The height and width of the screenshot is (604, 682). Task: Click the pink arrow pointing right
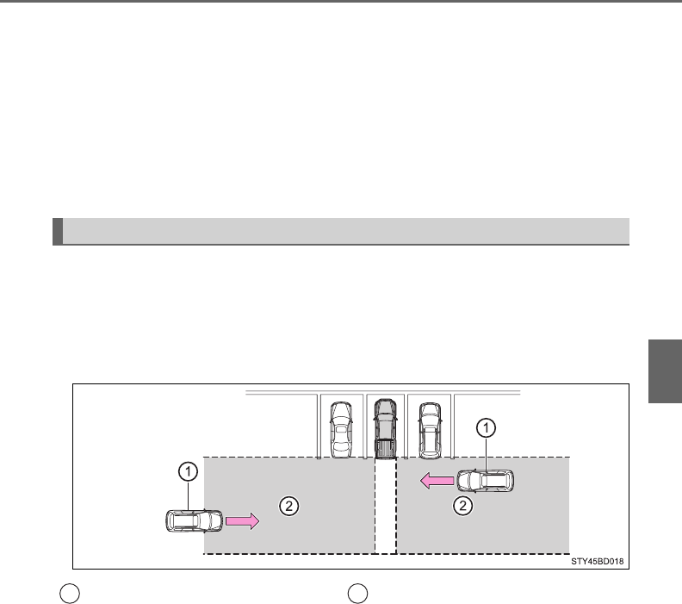pos(241,521)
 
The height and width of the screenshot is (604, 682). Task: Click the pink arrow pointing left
pos(437,481)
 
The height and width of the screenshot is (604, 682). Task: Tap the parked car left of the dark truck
pos(342,428)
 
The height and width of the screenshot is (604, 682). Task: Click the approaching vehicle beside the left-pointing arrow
pos(486,482)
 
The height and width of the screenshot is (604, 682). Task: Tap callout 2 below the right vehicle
pos(463,505)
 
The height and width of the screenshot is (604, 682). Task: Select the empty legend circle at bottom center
pos(357,593)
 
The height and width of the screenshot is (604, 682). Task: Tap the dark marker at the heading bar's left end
pos(57,232)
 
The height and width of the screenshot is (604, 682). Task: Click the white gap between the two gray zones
pos(386,508)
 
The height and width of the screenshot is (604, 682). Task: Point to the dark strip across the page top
pos(341,2)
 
